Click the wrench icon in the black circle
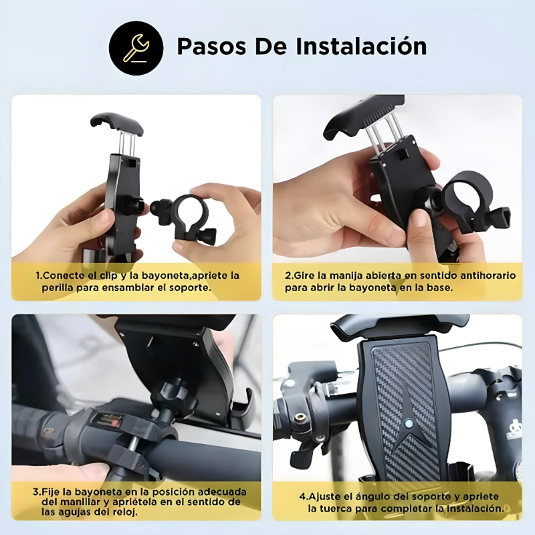click(x=136, y=47)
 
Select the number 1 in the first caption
click(x=38, y=276)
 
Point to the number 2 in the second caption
click(x=288, y=276)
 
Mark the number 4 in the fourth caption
click(x=302, y=497)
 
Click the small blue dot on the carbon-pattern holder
click(x=407, y=423)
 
